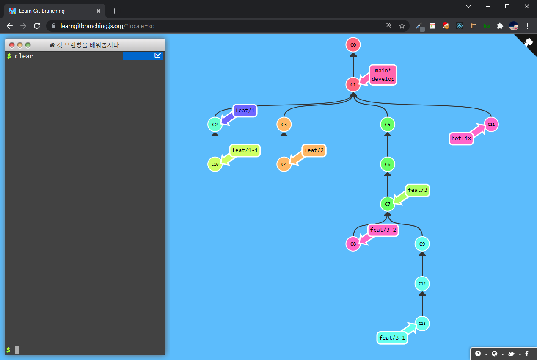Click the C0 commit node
pos(353,44)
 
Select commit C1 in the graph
pos(353,85)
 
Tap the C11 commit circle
pos(491,125)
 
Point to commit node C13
pos(422,324)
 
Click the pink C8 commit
pos(353,244)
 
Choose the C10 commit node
pos(215,164)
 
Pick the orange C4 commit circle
pos(284,164)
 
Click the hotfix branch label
pos(461,138)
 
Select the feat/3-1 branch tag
pos(392,338)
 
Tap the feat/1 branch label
pos(245,111)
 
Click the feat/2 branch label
pos(314,150)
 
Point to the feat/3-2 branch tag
pos(383,230)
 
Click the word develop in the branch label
pos(383,79)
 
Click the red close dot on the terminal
pos(12,45)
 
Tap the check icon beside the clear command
pos(158,55)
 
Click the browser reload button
pos(37,26)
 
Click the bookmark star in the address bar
pos(402,26)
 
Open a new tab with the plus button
pos(114,11)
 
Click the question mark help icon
pos(478,354)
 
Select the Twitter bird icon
pos(511,354)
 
